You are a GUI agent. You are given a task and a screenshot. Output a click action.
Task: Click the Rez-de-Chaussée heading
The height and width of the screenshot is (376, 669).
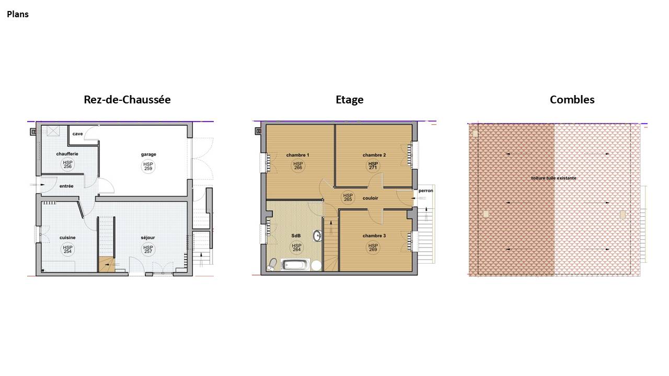[x=127, y=100]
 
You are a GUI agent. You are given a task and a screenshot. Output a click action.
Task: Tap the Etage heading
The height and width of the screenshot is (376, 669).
[x=350, y=100]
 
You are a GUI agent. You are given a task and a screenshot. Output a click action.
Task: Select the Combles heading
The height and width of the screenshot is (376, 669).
[x=572, y=100]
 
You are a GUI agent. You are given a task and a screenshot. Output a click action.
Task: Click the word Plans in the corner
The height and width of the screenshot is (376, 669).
[x=18, y=14]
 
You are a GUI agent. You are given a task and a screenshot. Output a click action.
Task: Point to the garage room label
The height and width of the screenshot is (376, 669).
[x=148, y=154]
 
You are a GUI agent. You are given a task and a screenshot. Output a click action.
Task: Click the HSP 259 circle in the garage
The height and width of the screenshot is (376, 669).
[x=148, y=166]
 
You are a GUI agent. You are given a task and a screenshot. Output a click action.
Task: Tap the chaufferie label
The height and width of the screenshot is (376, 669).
[x=67, y=154]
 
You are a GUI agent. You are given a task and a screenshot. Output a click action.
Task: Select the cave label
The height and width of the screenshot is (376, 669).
[x=77, y=134]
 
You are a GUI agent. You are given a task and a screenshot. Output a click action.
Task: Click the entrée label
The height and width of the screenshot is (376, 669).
[x=66, y=186]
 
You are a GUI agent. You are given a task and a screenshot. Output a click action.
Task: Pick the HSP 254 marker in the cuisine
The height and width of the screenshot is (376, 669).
[x=67, y=249]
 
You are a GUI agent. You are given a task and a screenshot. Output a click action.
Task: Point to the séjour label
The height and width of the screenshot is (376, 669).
[x=148, y=238]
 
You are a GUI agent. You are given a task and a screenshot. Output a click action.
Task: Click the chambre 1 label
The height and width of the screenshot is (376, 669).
[x=297, y=155]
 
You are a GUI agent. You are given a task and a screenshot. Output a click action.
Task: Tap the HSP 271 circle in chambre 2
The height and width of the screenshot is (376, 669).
[x=373, y=166]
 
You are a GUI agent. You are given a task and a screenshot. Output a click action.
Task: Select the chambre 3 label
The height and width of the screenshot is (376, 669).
[x=374, y=236]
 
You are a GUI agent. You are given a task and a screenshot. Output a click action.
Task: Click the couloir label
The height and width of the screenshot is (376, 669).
[x=371, y=198]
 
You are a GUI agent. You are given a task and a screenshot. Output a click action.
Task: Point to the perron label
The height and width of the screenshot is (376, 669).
[x=425, y=191]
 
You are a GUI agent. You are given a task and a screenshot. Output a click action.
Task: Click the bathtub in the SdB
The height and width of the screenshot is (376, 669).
[x=294, y=265]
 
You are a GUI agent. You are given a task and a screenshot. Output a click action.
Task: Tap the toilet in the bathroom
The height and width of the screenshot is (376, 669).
[x=272, y=264]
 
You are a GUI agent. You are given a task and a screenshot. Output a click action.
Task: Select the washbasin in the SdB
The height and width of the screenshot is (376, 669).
[x=317, y=236]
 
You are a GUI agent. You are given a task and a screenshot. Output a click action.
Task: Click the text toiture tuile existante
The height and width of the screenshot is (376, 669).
[x=553, y=178]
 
